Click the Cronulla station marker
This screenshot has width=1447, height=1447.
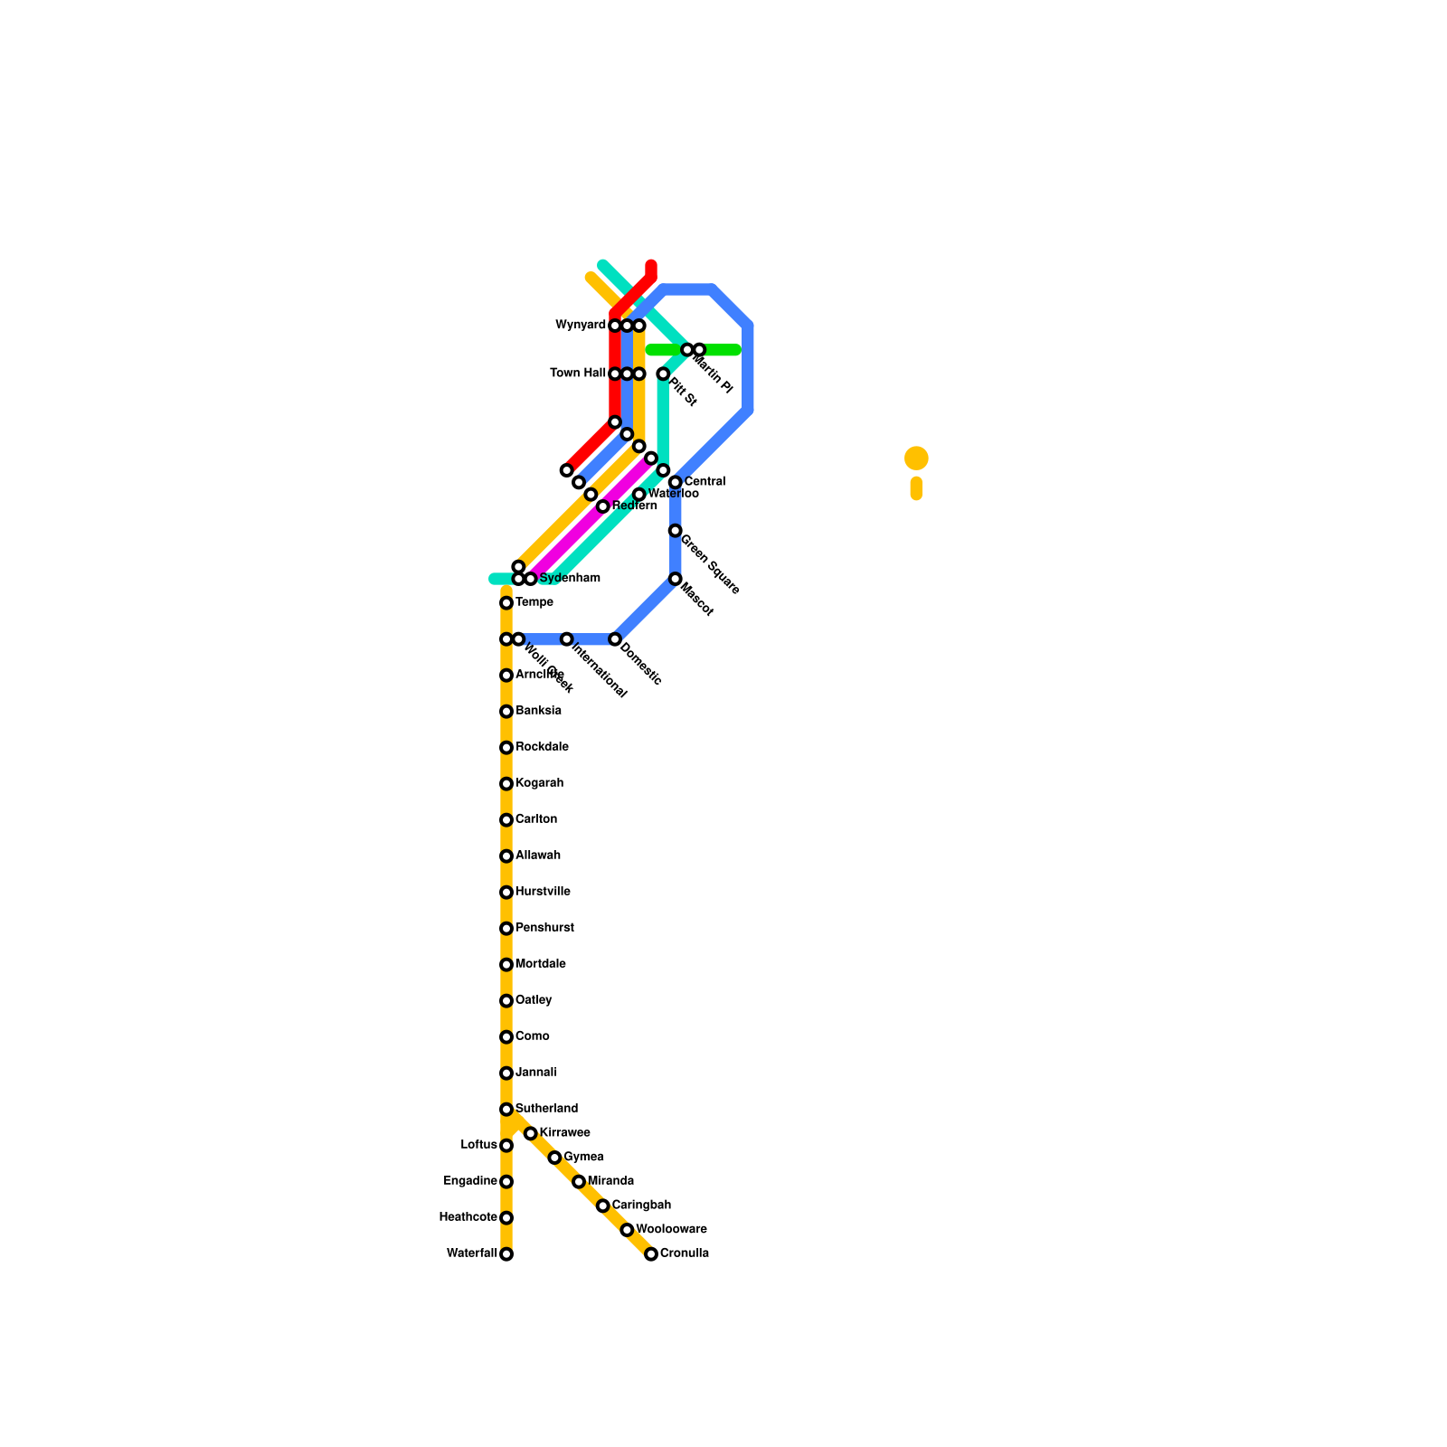tap(651, 1254)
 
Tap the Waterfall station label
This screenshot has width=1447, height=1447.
tap(471, 1253)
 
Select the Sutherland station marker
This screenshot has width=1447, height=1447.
tap(506, 1110)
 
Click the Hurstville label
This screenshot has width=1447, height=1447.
tap(543, 892)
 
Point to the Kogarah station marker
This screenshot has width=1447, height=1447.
tap(506, 784)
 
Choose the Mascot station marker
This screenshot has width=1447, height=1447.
tap(676, 579)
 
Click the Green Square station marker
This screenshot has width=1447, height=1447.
tap(676, 531)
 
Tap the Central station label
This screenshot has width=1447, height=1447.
tap(705, 482)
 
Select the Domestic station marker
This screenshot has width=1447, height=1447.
tap(615, 639)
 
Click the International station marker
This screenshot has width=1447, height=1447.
tap(567, 639)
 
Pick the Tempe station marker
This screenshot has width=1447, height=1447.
tap(506, 603)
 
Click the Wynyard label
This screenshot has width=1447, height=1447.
tap(581, 325)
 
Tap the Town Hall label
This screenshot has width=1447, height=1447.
tap(578, 373)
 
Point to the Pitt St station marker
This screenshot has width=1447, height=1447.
tap(663, 374)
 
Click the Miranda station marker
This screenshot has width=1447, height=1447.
tap(579, 1182)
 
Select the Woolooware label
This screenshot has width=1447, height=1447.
tap(671, 1230)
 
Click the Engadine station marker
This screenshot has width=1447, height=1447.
tap(506, 1182)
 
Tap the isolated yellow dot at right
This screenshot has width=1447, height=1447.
tap(916, 459)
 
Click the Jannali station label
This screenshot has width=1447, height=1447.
tap(535, 1073)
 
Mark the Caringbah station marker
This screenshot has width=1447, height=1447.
tap(603, 1206)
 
